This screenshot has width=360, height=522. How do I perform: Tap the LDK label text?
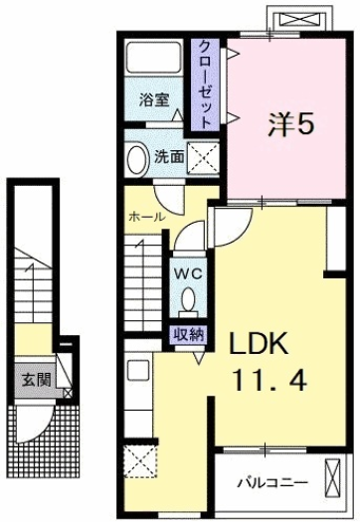260,344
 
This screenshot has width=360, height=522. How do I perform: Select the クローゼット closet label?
203,84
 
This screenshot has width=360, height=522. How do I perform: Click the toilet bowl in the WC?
188,299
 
